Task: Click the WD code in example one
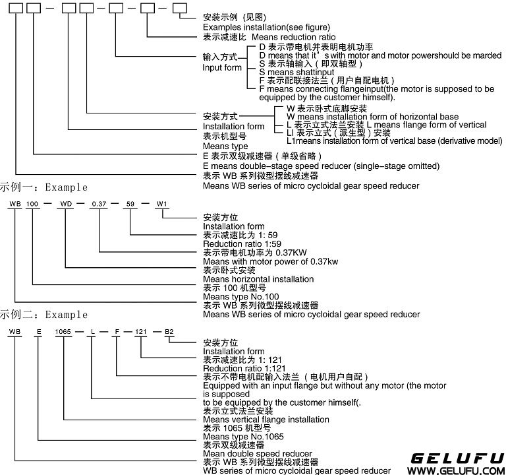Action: click(67, 201)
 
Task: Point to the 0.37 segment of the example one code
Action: click(99, 201)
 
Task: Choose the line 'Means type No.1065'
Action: click(244, 437)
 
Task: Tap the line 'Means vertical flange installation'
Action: click(266, 420)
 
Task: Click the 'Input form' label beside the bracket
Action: click(222, 67)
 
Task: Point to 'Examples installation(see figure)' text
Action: click(266, 27)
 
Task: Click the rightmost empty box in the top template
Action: click(179, 9)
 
